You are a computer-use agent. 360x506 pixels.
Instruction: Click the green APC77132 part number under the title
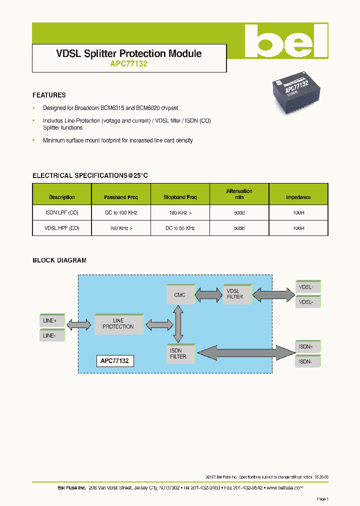(x=128, y=64)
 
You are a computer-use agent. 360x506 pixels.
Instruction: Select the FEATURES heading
(x=49, y=95)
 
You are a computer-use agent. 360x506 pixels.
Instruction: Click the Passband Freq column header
(x=120, y=197)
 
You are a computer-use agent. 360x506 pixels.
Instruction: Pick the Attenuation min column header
(x=239, y=194)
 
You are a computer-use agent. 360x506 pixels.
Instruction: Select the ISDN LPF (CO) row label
(x=62, y=212)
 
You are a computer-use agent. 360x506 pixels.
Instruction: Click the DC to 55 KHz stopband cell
(x=179, y=228)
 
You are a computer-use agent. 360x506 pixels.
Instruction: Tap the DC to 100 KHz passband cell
(x=120, y=212)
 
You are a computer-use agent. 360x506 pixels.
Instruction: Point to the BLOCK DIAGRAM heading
(x=59, y=260)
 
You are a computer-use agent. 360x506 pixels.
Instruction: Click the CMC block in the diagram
(x=179, y=295)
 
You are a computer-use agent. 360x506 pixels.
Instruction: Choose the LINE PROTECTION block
(x=118, y=323)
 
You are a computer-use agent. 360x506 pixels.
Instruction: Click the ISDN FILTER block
(x=179, y=353)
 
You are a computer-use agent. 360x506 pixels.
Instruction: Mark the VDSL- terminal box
(x=307, y=302)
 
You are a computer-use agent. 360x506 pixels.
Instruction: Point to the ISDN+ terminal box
(x=307, y=346)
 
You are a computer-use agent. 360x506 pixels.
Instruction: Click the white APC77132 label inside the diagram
(x=115, y=360)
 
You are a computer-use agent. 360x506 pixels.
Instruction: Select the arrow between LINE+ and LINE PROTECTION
(x=79, y=325)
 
